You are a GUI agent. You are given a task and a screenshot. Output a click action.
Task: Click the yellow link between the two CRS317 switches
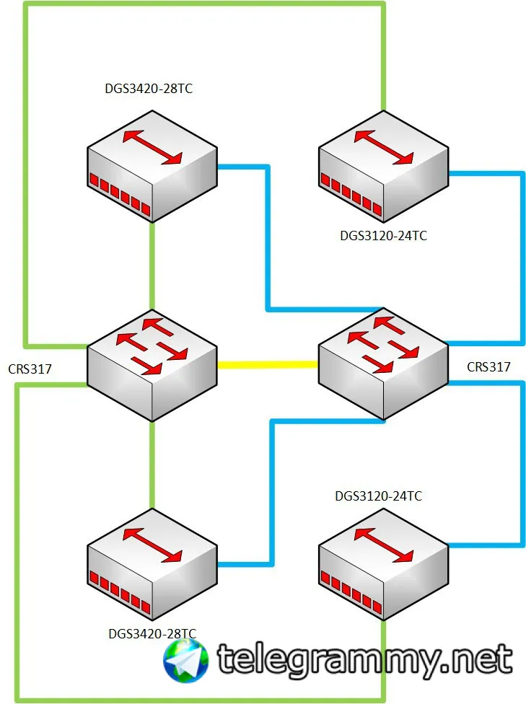(x=268, y=364)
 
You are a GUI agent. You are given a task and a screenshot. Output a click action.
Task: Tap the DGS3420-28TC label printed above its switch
(x=149, y=89)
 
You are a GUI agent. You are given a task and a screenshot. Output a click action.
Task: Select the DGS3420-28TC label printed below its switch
(x=152, y=633)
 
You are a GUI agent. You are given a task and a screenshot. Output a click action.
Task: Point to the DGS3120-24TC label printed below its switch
(x=384, y=236)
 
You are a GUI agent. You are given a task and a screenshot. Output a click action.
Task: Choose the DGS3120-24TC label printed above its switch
(x=379, y=496)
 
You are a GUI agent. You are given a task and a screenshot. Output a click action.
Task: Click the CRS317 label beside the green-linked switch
(x=30, y=369)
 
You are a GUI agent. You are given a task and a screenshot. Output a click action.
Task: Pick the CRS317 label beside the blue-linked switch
(x=488, y=367)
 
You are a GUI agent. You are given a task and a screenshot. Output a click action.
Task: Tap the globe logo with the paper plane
(x=185, y=661)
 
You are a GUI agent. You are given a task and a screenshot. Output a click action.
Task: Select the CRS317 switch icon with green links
(x=152, y=366)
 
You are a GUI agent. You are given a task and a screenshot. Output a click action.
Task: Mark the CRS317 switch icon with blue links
(x=383, y=364)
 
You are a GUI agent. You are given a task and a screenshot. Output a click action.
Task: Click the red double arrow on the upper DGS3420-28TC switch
(x=152, y=147)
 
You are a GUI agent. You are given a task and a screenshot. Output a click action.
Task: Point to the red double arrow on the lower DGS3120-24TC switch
(x=384, y=545)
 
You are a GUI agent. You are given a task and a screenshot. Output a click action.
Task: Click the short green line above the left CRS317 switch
(x=152, y=265)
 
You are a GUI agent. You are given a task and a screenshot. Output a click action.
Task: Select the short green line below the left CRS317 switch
(x=152, y=465)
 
